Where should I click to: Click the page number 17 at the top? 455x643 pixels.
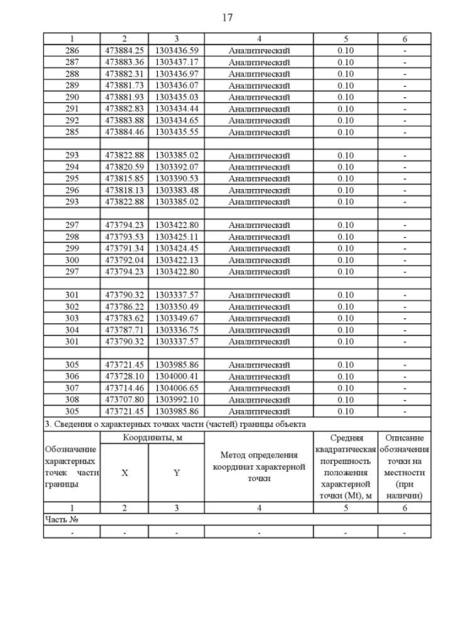pyautogui.click(x=227, y=17)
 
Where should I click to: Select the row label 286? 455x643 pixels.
pyautogui.click(x=72, y=50)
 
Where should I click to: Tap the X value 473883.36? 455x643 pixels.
pyautogui.click(x=124, y=62)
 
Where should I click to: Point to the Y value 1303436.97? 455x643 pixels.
pyautogui.click(x=176, y=73)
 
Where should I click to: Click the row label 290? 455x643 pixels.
pyautogui.click(x=72, y=97)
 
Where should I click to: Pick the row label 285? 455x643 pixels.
pyautogui.click(x=72, y=131)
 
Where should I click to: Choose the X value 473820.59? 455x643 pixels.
pyautogui.click(x=124, y=166)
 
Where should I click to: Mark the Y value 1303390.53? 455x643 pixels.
pyautogui.click(x=176, y=178)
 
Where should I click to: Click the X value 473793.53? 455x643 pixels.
pyautogui.click(x=124, y=236)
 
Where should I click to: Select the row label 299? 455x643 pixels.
pyautogui.click(x=72, y=248)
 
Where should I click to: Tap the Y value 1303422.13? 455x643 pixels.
pyautogui.click(x=176, y=259)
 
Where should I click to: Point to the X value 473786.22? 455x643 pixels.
pyautogui.click(x=124, y=306)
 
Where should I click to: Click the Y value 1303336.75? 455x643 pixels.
pyautogui.click(x=176, y=330)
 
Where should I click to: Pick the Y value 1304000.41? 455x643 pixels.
pyautogui.click(x=176, y=376)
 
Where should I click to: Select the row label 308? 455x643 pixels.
pyautogui.click(x=72, y=399)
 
